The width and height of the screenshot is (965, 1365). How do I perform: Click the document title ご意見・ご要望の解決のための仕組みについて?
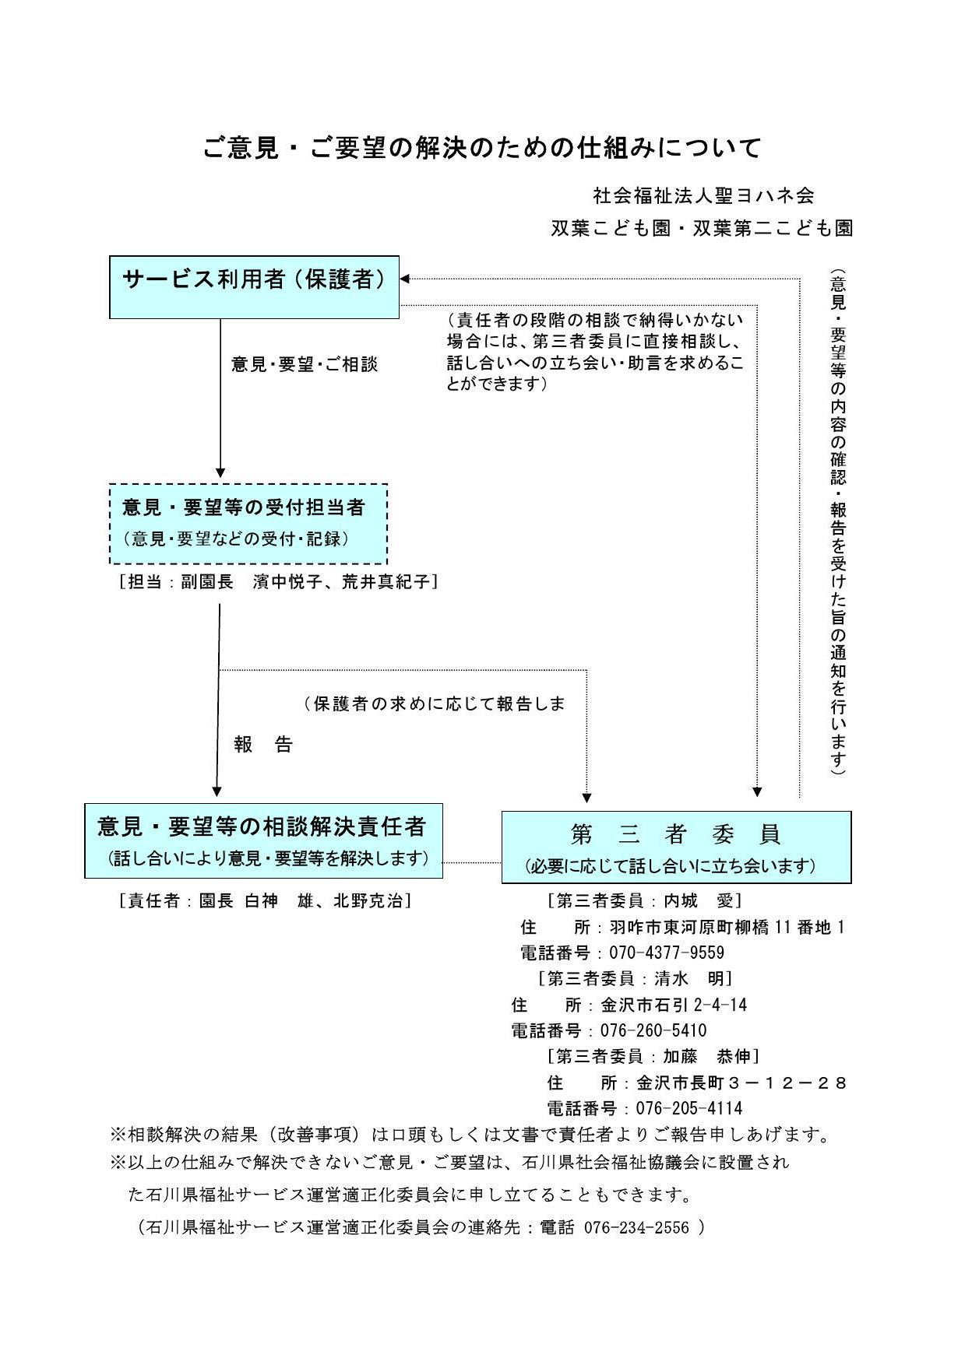482,147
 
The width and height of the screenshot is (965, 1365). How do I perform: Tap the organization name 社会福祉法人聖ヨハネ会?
703,195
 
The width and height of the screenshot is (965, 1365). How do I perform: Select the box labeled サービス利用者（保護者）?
254,286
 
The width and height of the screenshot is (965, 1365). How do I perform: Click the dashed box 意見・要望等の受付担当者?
248,524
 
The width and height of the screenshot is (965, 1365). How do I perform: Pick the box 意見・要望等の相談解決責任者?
263,840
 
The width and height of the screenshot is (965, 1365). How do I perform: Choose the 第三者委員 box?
675,847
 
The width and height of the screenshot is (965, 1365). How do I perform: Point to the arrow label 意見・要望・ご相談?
304,364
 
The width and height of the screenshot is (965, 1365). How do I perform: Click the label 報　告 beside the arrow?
263,745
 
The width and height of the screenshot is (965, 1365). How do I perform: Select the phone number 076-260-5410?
653,1030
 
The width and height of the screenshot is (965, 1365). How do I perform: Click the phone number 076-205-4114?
689,1108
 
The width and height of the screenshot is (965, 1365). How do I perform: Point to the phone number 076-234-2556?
636,1227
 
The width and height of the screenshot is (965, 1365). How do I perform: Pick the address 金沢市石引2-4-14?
674,1005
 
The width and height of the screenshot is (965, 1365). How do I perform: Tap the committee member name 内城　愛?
699,900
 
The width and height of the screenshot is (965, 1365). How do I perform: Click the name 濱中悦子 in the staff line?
287,581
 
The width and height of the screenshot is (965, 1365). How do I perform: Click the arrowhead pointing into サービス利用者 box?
405,279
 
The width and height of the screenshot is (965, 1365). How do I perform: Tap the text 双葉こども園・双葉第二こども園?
702,228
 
